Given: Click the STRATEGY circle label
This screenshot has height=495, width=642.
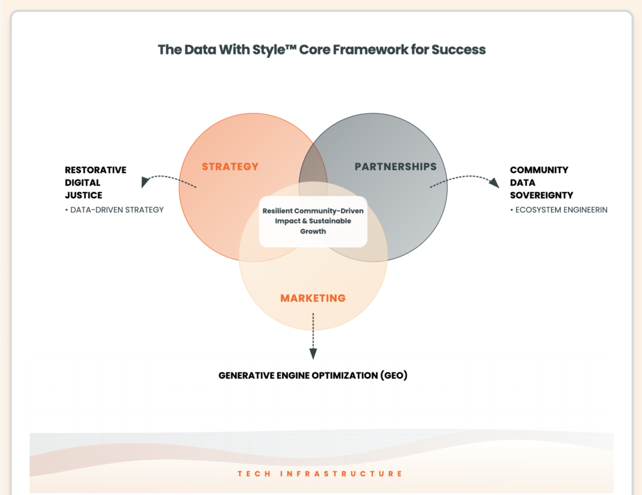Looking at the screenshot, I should click(x=230, y=166).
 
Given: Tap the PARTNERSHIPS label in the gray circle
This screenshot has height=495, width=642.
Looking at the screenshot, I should click(x=395, y=166).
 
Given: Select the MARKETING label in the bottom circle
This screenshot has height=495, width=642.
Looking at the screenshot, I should click(x=313, y=297).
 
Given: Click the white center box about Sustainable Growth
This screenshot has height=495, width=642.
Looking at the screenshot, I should click(x=313, y=221).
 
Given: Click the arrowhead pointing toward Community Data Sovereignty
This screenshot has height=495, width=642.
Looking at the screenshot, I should click(x=495, y=182).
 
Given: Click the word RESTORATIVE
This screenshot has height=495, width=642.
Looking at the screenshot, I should click(x=95, y=170).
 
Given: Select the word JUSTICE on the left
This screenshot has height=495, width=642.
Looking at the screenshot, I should click(x=83, y=195).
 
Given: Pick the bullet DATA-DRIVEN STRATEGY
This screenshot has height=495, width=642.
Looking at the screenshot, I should click(x=114, y=210).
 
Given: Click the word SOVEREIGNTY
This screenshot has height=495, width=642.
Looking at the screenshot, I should click(x=541, y=195).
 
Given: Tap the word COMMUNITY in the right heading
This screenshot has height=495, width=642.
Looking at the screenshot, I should click(x=539, y=170).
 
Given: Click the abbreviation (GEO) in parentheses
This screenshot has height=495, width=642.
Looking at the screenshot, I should click(x=394, y=376).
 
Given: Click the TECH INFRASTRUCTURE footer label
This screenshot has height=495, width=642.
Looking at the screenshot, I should click(x=320, y=474).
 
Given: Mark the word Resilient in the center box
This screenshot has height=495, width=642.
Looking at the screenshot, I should click(x=282, y=211).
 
